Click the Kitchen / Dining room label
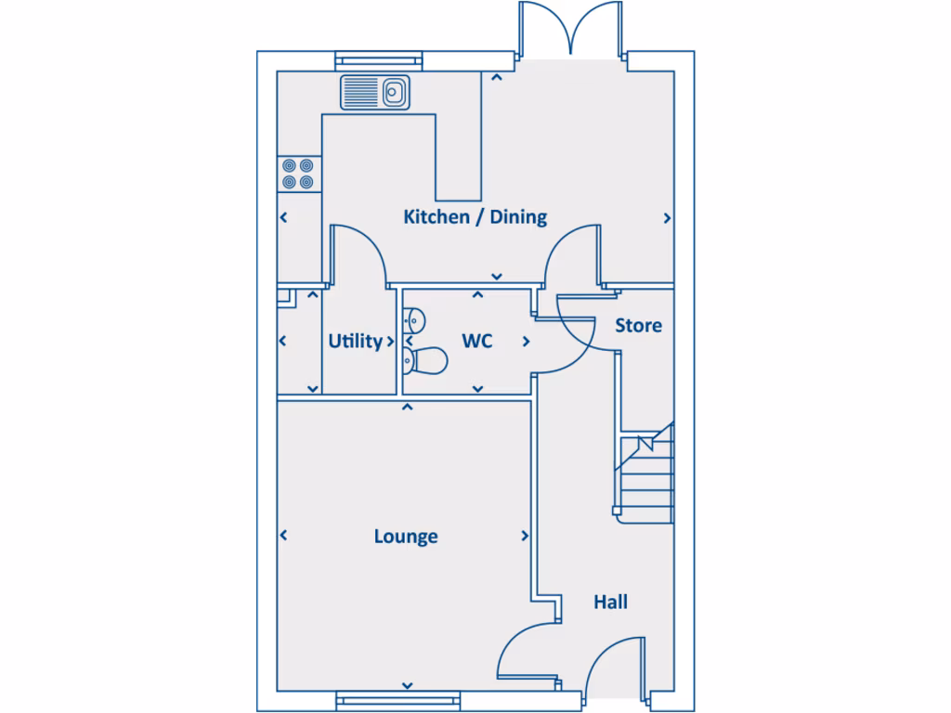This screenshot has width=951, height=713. pos(475,217)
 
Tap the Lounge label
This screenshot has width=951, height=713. pos(406,537)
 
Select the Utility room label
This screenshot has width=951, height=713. pos(355,342)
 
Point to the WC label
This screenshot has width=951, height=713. pos(476,342)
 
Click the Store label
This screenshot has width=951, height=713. pos(638,326)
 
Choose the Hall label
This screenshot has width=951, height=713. pos(610,603)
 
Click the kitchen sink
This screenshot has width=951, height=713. pos(375,92)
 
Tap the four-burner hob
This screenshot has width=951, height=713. pos(299,174)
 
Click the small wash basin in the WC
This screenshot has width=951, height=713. pos(413,320)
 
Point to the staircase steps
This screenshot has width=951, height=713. pos(647,473)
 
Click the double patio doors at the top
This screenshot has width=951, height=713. pos(573,30)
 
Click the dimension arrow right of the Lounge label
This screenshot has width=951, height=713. pos(526,537)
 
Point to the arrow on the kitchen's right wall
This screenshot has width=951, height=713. pos(667,218)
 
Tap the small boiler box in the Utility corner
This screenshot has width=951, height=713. pos(284,297)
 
